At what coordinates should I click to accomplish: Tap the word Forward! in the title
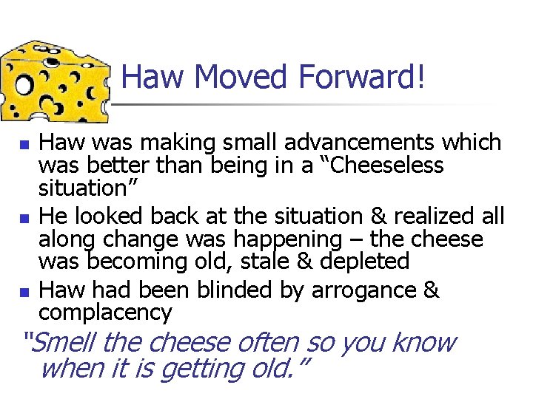pos(363,76)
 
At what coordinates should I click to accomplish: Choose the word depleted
pos(369,262)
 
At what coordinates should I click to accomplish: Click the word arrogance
pos(363,290)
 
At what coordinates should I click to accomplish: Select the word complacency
pos(105,313)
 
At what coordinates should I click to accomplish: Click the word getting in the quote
pos(204,367)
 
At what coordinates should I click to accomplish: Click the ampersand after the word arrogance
pos(432,290)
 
